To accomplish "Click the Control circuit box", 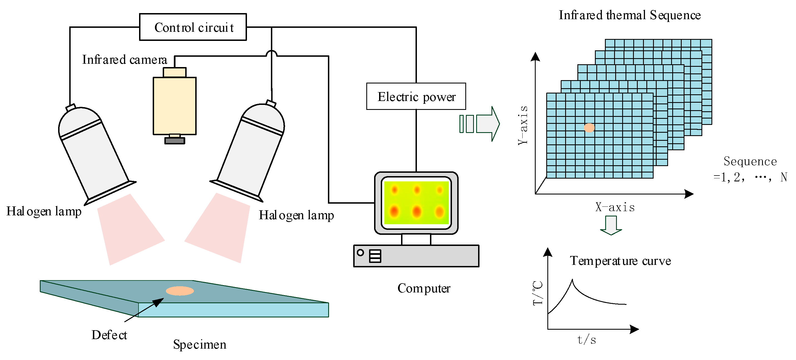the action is (x=193, y=27).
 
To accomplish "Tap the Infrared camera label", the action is (x=125, y=59).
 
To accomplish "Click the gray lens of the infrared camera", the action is (x=175, y=140).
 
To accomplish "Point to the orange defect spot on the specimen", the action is (x=180, y=291).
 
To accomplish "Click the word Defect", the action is (x=109, y=335).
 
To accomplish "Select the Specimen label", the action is (x=200, y=344).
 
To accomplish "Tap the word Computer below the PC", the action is (x=424, y=288).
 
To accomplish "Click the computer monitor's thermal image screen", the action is (x=416, y=203).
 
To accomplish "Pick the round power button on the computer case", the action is (x=360, y=252).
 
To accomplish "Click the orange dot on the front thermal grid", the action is (x=589, y=128).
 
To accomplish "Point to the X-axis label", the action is (x=615, y=207).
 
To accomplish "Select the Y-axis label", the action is (x=523, y=125).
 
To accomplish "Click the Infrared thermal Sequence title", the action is (x=630, y=15).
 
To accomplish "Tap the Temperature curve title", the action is (x=621, y=261).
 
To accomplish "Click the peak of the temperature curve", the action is (x=572, y=280).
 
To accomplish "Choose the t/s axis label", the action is (x=587, y=340).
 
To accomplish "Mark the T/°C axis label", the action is (x=538, y=293).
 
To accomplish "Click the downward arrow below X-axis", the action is (x=611, y=225).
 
